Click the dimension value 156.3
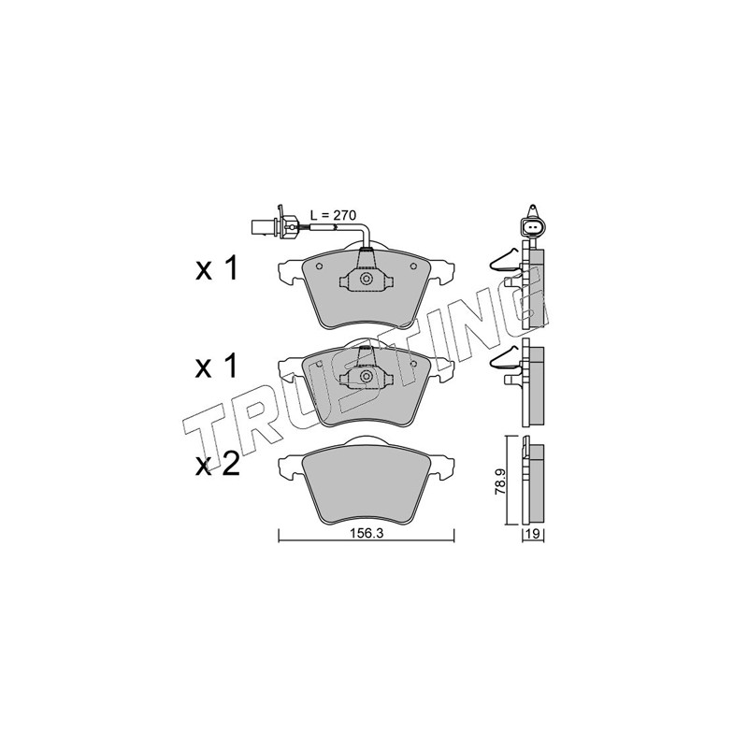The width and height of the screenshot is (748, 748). pyautogui.click(x=367, y=534)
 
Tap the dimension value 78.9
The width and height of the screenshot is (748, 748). pyautogui.click(x=500, y=482)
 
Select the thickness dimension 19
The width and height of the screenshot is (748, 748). pyautogui.click(x=533, y=534)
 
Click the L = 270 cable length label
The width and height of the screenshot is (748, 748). pyautogui.click(x=333, y=215)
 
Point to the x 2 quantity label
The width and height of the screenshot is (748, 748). pyautogui.click(x=217, y=465)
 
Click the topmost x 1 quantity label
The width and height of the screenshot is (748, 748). pyautogui.click(x=216, y=270)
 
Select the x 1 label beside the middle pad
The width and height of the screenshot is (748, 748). pyautogui.click(x=216, y=367)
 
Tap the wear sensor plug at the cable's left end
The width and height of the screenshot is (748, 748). pyautogui.click(x=275, y=224)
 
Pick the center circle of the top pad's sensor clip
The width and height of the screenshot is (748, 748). pyautogui.click(x=366, y=279)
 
